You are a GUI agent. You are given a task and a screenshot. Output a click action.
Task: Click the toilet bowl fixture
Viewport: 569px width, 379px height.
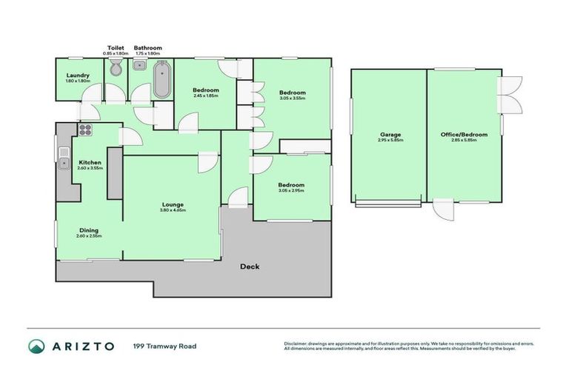coord(115,69)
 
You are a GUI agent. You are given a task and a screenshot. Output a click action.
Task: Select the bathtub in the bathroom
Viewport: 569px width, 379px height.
coord(162,80)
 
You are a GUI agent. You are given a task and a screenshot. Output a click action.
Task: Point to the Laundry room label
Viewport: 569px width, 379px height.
coord(78,76)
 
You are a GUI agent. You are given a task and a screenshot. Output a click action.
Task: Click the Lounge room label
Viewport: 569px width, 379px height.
coord(173,204)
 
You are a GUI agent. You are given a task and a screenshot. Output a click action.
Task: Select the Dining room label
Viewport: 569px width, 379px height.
coord(89,230)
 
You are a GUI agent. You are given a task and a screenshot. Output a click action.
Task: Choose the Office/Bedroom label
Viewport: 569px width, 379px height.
coord(464,135)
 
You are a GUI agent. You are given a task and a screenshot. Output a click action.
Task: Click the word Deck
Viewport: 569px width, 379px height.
coord(249,266)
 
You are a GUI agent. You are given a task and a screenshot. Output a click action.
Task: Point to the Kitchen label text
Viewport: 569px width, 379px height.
coord(90,162)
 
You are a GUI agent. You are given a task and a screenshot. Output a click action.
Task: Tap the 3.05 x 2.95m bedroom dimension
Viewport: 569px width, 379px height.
coord(291,190)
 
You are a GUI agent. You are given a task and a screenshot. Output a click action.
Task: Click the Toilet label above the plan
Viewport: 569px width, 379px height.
coord(115,47)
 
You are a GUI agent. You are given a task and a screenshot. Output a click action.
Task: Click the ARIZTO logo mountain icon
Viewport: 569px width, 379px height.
coord(37,346)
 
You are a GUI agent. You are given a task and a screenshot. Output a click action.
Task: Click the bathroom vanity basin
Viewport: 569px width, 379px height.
coord(139,65)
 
